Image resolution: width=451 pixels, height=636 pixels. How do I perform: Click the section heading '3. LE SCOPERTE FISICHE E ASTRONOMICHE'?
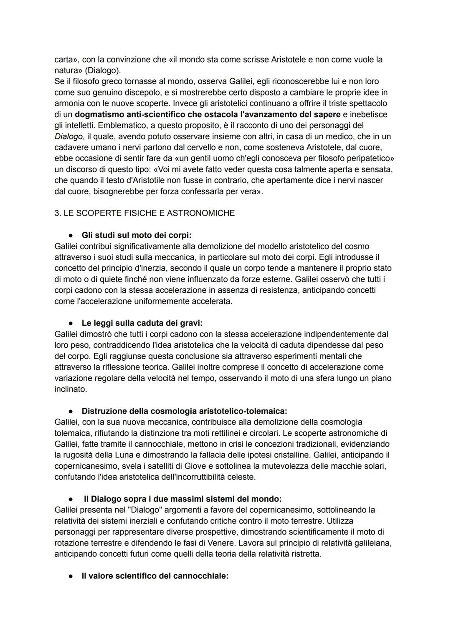point(144,213)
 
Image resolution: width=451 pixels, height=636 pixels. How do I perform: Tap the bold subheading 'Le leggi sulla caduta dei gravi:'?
point(142,323)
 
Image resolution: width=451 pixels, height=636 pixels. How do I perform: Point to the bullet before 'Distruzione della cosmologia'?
point(72,411)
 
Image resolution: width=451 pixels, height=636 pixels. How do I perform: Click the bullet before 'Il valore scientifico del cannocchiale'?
point(72,576)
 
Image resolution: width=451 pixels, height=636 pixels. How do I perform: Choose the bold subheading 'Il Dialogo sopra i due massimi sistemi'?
point(182,499)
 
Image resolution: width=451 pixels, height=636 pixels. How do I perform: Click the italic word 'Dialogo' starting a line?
point(68,136)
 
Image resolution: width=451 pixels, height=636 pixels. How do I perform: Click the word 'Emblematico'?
point(120,125)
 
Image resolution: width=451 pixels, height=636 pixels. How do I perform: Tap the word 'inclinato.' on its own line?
point(71,389)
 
